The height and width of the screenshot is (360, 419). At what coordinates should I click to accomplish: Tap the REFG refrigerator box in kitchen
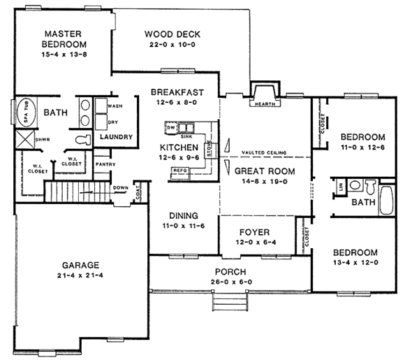[179, 170]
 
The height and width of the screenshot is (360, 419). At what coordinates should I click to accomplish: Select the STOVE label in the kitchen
[209, 150]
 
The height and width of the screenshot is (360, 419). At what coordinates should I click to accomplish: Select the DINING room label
[180, 215]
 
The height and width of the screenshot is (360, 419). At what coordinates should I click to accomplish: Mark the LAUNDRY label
[116, 136]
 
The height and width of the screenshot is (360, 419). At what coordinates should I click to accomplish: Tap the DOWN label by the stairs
[119, 187]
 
